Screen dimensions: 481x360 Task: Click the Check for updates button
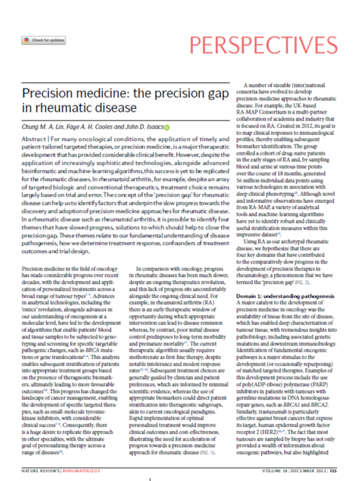point(36,40)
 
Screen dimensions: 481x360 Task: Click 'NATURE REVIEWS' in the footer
point(40,471)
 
